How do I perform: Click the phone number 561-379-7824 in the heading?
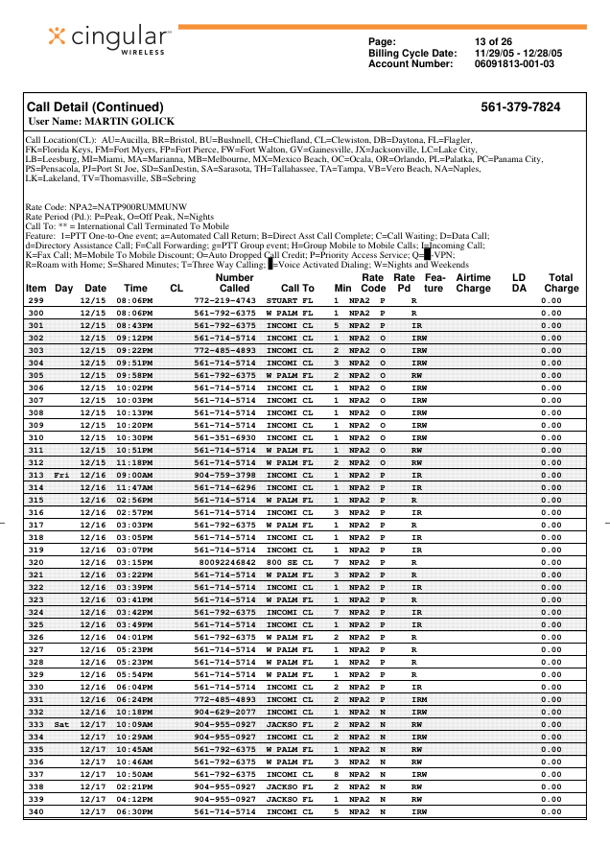(x=520, y=107)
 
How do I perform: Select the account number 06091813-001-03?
(x=514, y=63)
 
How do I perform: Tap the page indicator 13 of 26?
(x=493, y=41)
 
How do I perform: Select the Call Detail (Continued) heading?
(x=95, y=107)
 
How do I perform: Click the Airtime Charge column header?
(x=473, y=282)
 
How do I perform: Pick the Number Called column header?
(x=234, y=282)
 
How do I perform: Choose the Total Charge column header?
(x=561, y=282)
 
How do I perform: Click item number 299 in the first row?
(x=36, y=300)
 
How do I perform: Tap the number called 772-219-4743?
(x=224, y=300)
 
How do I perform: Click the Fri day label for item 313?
(x=62, y=475)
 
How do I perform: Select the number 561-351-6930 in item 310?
(x=224, y=437)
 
